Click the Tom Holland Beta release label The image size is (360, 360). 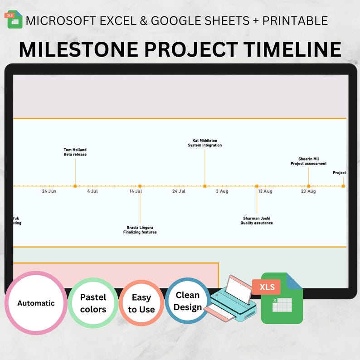(75, 152)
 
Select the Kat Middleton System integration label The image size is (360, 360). (205, 143)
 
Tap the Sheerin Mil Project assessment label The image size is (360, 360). (308, 161)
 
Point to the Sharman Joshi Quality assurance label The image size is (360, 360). (257, 220)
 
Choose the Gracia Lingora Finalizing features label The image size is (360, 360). (140, 230)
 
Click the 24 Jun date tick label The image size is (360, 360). (49, 191)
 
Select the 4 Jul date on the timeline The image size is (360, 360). (92, 191)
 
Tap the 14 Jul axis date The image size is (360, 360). (136, 191)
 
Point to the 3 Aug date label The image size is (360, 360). (222, 191)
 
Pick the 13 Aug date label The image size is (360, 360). (265, 191)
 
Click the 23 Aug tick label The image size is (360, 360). (308, 191)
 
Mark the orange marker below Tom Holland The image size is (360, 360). (75, 186)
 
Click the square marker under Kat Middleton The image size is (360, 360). (205, 186)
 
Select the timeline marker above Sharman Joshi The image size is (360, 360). (257, 186)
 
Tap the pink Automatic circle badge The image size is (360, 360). (36, 303)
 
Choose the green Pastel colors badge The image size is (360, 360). (93, 303)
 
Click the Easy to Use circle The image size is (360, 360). (141, 303)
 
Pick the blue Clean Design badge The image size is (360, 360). (187, 301)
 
